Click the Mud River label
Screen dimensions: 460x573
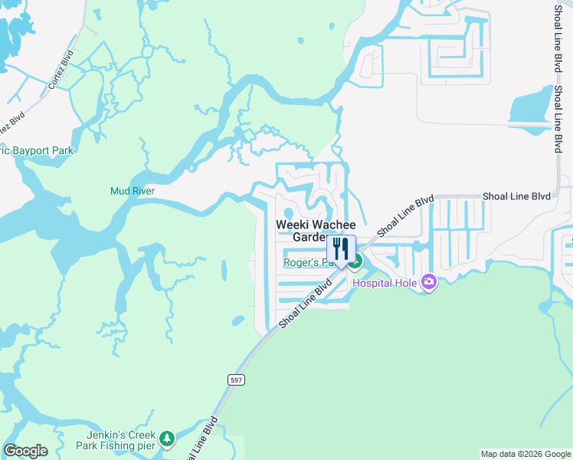[133, 191]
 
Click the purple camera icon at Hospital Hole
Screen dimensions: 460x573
[428, 283]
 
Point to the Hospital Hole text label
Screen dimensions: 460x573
[385, 284]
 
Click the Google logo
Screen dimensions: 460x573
[25, 451]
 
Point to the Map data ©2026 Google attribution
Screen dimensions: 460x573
[525, 454]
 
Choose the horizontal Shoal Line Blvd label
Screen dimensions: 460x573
[516, 196]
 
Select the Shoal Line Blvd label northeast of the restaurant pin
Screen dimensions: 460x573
[405, 215]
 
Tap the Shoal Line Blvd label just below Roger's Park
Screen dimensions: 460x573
[306, 302]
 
